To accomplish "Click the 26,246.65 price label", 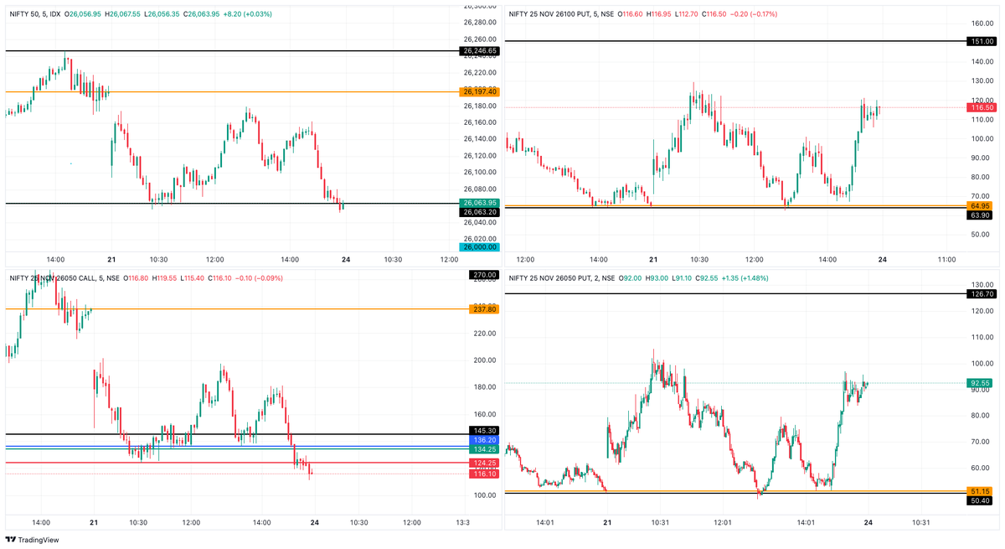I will click(479, 51).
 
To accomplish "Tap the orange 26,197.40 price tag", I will click(479, 91).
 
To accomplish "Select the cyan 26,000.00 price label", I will click(479, 247).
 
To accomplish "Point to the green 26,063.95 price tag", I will click(479, 203).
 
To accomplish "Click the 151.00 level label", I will click(981, 41).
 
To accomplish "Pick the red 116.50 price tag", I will click(981, 107).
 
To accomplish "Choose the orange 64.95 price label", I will click(981, 205).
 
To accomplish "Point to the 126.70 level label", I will click(981, 294).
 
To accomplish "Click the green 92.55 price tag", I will click(981, 383).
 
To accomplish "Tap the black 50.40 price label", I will click(981, 500).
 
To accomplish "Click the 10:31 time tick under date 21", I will click(660, 522).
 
